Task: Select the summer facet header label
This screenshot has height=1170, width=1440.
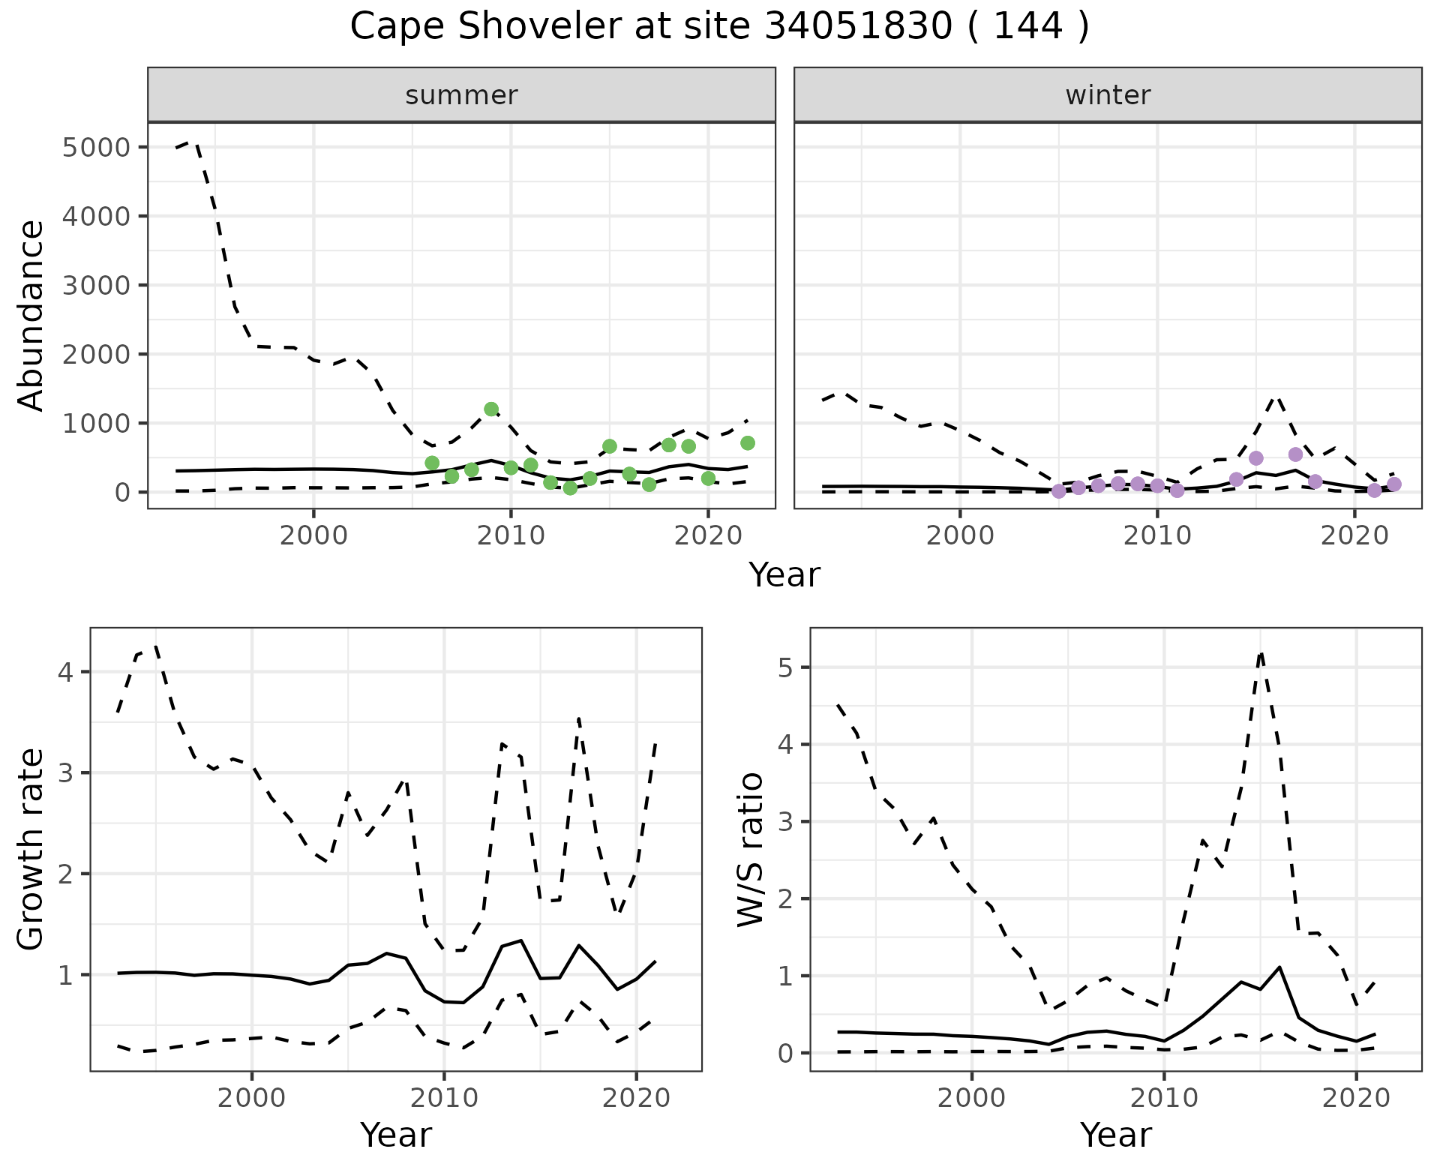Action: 461,95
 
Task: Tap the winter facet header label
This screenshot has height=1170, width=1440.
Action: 1108,95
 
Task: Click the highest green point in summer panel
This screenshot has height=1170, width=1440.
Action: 491,409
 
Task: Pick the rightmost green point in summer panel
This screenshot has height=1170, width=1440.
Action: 748,443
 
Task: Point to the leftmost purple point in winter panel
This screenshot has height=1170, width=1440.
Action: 1058,491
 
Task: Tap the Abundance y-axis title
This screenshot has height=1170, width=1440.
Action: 31,315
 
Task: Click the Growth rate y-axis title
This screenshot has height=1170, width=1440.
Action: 31,850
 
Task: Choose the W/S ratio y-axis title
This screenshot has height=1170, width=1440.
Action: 750,850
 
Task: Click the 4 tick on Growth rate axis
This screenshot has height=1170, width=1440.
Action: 65,672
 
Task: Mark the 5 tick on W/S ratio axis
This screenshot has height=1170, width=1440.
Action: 785,667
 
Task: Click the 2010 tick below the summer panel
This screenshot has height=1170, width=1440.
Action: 511,536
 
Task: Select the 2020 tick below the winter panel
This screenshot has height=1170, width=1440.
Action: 1354,536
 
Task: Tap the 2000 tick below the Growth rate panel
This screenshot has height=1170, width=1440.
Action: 252,1099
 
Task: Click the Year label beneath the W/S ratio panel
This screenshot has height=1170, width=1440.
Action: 1116,1135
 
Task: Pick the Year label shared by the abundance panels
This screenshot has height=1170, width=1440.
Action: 784,575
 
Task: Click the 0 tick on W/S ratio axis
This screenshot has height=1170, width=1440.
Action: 785,1053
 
